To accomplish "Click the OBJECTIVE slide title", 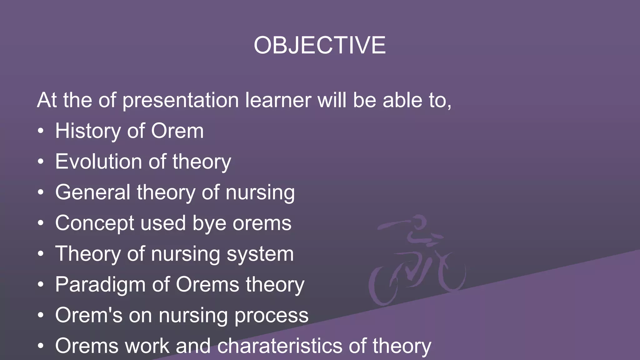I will [320, 45].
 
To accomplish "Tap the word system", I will [260, 254].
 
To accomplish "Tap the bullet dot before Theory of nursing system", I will [41, 254].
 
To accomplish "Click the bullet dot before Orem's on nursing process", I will [41, 315].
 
